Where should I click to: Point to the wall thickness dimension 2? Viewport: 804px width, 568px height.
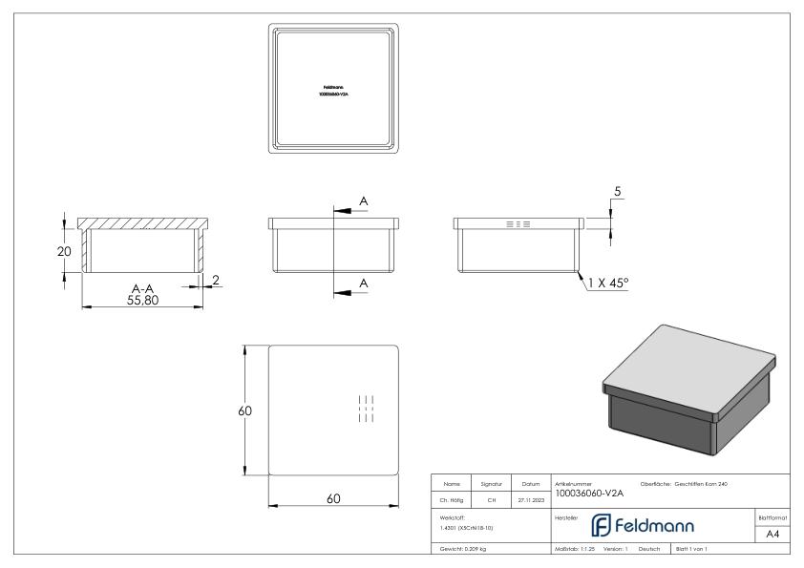point(217,280)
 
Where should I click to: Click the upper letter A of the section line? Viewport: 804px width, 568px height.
point(363,200)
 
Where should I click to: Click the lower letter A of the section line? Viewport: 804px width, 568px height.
point(363,283)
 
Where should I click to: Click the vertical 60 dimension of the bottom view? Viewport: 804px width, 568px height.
point(244,410)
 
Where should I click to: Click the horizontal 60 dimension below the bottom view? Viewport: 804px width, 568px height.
point(333,498)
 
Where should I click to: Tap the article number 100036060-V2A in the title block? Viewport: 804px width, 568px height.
point(588,494)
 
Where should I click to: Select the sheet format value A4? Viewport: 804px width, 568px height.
point(773,534)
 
